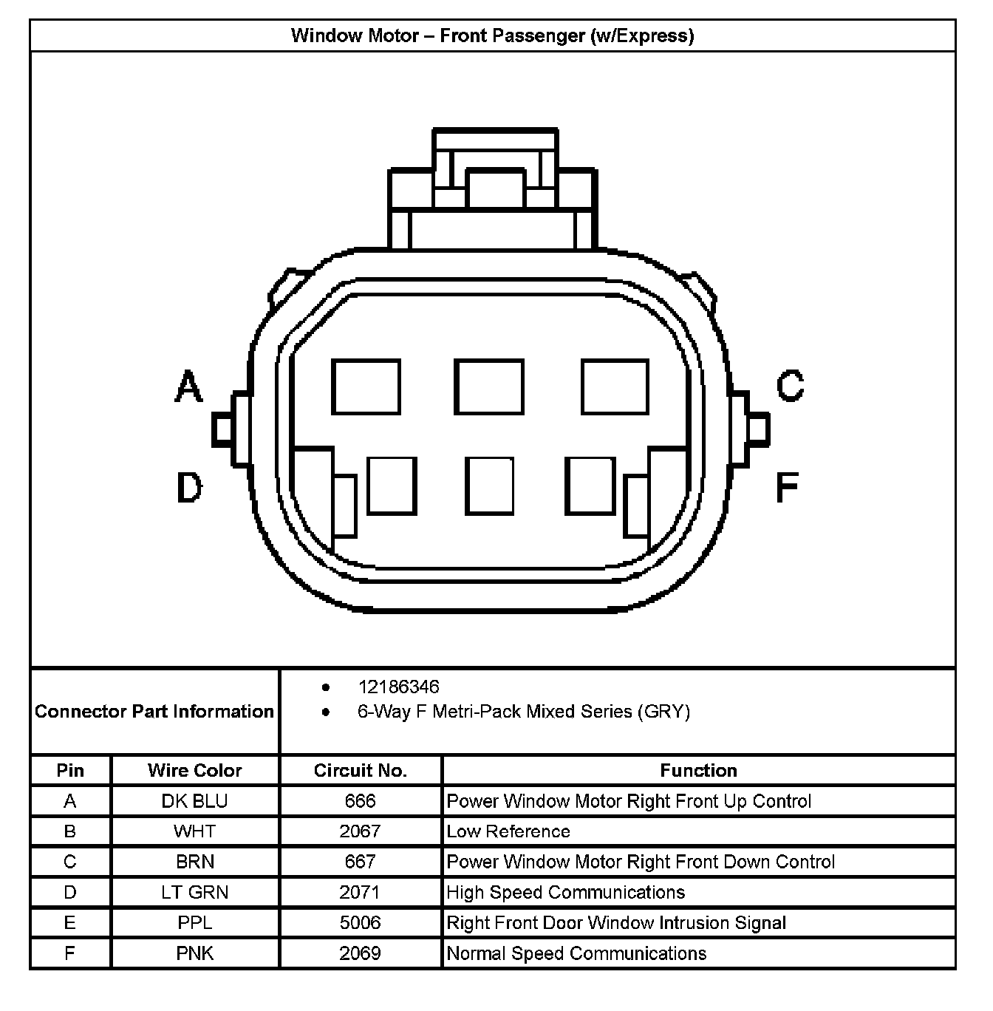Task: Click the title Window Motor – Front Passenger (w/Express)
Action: pos(492,35)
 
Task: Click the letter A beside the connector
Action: pos(189,387)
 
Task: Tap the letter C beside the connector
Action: pos(790,385)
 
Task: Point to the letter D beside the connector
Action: pos(189,488)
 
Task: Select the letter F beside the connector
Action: pos(788,488)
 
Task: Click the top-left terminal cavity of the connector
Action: pos(366,387)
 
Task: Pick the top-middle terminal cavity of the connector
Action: pos(488,387)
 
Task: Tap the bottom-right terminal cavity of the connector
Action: pos(590,486)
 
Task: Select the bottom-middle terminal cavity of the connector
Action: pos(489,486)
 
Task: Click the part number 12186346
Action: pos(398,687)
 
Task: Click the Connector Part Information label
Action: pos(154,712)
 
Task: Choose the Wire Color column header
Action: pos(195,771)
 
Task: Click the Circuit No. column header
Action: pos(361,771)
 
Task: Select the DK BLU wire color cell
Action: pos(195,801)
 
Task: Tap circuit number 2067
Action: pos(361,831)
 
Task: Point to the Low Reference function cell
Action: pos(508,831)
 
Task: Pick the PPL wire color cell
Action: pos(195,923)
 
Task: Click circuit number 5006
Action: pos(361,923)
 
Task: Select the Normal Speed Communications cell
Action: pos(576,953)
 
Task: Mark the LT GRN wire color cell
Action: pos(195,893)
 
